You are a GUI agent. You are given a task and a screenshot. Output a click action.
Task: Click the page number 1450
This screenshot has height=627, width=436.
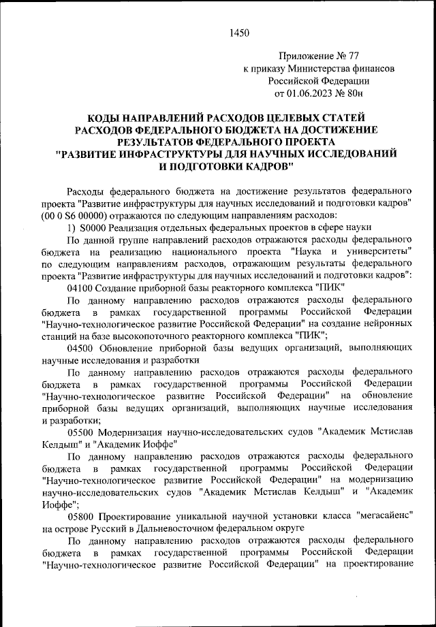pos(240,32)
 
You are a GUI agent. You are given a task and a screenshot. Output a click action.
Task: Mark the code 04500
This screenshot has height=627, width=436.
pos(81,347)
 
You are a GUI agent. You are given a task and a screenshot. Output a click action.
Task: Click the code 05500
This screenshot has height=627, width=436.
pos(81,432)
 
